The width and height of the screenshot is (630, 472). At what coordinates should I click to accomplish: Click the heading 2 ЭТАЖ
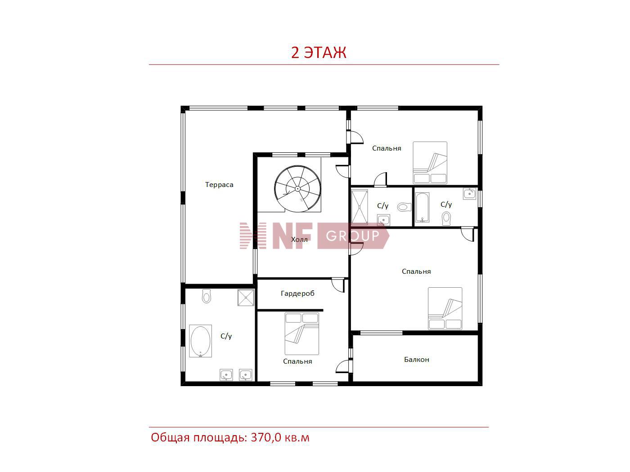click(318, 53)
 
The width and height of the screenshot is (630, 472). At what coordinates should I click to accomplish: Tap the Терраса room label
click(219, 185)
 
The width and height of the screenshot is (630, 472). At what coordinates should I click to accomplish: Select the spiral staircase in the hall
click(297, 188)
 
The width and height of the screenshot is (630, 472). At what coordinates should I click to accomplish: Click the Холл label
click(299, 239)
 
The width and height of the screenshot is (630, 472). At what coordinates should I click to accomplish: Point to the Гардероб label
click(297, 294)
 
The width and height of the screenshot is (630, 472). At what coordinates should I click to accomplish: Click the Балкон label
click(416, 359)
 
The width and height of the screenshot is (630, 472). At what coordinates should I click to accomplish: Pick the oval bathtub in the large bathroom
click(200, 341)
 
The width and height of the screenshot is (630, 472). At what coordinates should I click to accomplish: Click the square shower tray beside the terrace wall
click(246, 298)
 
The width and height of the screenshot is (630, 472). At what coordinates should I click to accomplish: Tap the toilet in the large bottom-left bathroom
click(206, 296)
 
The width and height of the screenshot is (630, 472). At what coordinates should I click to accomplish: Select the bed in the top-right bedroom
click(430, 162)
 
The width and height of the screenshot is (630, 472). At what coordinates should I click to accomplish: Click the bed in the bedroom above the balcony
click(445, 308)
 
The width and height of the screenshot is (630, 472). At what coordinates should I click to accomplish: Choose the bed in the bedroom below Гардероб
click(301, 333)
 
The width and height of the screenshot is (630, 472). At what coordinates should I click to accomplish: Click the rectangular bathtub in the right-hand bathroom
click(422, 207)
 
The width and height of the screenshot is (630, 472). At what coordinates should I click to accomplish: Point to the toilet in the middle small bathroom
click(404, 207)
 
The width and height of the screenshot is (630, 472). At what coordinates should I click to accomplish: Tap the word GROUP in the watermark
click(352, 236)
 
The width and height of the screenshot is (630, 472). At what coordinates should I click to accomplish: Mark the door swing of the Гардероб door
click(338, 285)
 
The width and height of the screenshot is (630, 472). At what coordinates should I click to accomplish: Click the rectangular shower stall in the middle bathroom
click(360, 207)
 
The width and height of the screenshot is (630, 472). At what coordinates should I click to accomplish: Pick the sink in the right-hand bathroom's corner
click(469, 193)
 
